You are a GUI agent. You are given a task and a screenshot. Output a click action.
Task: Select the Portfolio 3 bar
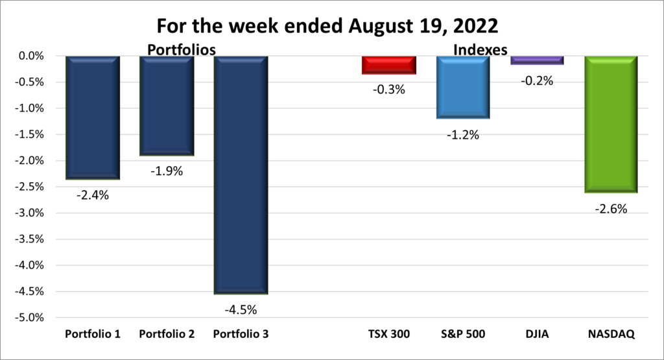pyautogui.click(x=241, y=175)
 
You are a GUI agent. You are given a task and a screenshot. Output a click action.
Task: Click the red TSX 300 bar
pyautogui.click(x=389, y=65)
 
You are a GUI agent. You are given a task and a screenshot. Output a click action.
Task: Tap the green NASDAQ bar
pyautogui.click(x=611, y=124)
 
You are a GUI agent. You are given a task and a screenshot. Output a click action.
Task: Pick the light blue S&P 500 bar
pyautogui.click(x=463, y=87)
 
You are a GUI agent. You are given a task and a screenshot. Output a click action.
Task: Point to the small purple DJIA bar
pyautogui.click(x=537, y=60)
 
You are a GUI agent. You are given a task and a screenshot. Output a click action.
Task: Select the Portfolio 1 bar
pyautogui.click(x=92, y=117)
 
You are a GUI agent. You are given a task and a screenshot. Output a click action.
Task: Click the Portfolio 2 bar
pyautogui.click(x=167, y=106)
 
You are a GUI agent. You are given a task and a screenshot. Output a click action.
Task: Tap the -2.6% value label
pyautogui.click(x=611, y=209)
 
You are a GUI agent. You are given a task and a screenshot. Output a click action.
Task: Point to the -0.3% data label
pyautogui.click(x=389, y=90)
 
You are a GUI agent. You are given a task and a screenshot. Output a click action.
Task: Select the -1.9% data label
pyautogui.click(x=167, y=172)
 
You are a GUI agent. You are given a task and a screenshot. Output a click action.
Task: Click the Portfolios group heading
pyautogui.click(x=181, y=49)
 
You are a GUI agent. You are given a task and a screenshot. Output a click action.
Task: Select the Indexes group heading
pyautogui.click(x=480, y=49)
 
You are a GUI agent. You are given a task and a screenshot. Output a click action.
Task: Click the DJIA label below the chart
pyautogui.click(x=537, y=335)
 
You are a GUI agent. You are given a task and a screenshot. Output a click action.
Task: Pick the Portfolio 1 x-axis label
pyautogui.click(x=92, y=335)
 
